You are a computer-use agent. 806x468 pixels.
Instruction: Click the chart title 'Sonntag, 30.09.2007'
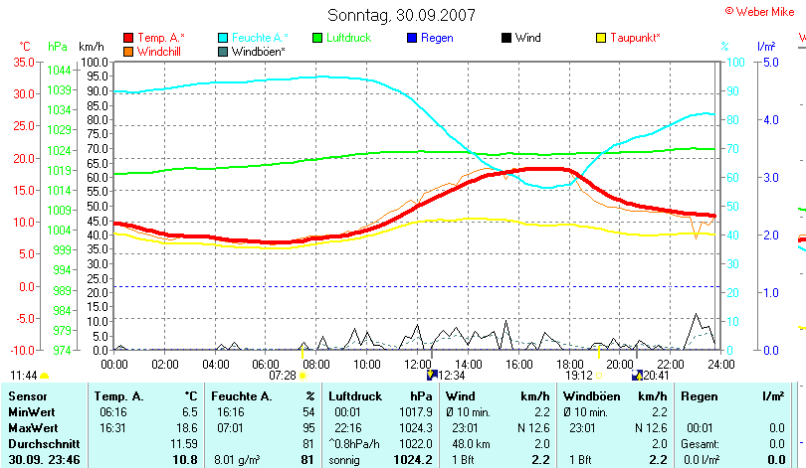[x=402, y=15]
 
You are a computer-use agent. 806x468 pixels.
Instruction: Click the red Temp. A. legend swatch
[x=128, y=38]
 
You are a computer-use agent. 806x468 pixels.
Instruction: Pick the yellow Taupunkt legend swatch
[x=600, y=38]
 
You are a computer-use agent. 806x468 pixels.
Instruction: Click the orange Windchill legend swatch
[x=128, y=51]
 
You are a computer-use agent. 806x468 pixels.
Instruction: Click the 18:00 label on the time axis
[x=571, y=365]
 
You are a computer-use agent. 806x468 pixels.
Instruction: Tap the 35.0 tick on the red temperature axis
[x=23, y=62]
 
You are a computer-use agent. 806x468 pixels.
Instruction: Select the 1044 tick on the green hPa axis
[x=58, y=70]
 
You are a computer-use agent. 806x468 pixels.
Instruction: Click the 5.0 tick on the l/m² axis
[x=769, y=62]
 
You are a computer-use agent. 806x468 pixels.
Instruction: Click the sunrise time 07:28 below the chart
[x=283, y=376]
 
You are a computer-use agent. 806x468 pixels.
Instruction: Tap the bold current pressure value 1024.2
[x=414, y=460]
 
